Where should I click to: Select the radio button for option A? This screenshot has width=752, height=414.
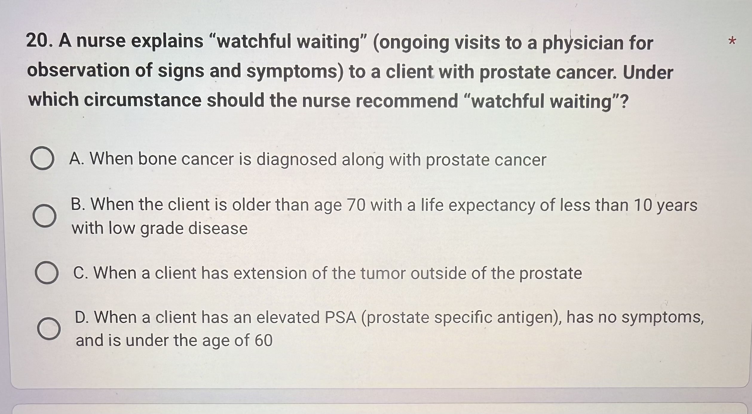point(42,158)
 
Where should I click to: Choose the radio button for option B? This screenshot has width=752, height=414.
point(45,216)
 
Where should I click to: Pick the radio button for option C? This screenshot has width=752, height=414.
point(47,272)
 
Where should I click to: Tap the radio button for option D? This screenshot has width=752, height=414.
point(49,329)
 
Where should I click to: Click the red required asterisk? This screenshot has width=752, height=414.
point(732,40)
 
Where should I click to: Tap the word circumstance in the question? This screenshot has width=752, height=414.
point(143,100)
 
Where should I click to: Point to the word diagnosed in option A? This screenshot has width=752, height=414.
point(296,160)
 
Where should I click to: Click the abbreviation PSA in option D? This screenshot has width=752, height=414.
point(341,317)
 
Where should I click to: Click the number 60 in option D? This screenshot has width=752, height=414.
point(264,340)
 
